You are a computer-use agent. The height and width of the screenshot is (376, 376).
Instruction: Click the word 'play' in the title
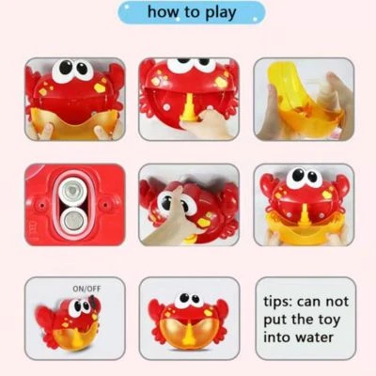point(221,13)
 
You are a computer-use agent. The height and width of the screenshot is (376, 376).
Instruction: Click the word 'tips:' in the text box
point(278,303)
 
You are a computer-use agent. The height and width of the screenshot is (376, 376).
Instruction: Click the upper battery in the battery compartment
point(72,191)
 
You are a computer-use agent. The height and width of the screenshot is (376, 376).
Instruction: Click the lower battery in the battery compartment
point(72,219)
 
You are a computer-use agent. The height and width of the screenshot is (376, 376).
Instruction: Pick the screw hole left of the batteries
point(41,205)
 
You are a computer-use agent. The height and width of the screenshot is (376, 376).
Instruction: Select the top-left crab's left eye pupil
point(65,67)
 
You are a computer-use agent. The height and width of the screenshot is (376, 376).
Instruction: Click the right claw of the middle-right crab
point(342,185)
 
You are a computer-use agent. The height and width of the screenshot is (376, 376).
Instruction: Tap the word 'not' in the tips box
point(337,302)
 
